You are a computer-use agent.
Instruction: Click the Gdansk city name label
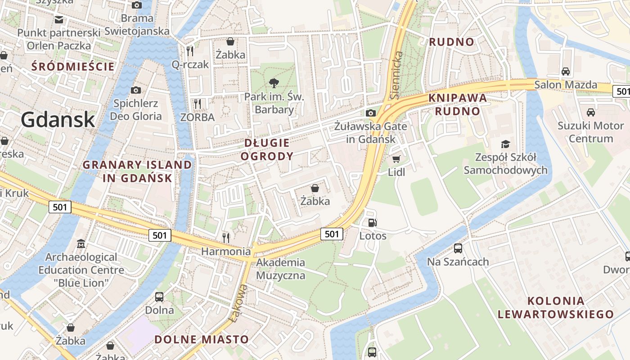point(58,120)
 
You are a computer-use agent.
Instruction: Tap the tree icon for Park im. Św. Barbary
point(273,83)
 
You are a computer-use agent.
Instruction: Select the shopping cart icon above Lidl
point(396,159)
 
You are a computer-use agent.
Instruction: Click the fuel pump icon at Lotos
point(372,222)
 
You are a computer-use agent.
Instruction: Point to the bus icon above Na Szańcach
point(458,248)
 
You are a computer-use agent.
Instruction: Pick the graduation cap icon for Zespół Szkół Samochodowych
point(506,144)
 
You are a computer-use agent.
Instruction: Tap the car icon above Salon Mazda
point(566,71)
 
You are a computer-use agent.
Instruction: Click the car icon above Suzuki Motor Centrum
point(590,112)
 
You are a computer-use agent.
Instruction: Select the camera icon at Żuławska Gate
point(371,113)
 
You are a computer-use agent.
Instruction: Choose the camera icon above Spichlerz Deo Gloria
point(135,90)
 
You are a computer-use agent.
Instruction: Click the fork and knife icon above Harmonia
point(226,237)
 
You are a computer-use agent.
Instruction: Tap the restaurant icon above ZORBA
point(197,103)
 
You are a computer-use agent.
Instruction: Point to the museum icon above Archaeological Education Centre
point(81,244)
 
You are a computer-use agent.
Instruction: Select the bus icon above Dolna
point(159,297)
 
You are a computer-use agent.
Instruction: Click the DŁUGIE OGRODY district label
point(267,150)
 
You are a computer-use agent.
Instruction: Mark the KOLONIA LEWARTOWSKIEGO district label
point(555,307)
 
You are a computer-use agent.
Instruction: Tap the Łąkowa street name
point(238,302)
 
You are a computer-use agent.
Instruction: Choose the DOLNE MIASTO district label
point(202,339)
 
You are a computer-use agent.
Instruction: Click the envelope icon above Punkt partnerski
point(59,19)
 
